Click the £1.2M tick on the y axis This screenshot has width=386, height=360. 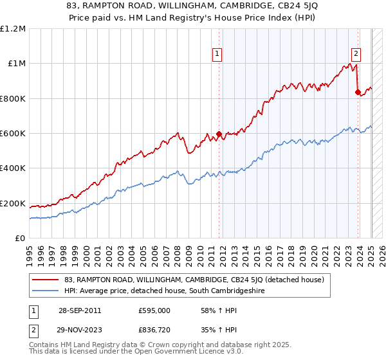coord(13,29)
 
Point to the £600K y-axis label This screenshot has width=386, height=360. coord(13,134)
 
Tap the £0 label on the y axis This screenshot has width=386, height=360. coord(21,239)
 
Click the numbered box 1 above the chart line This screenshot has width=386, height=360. coord(218,55)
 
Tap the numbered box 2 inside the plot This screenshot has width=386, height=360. coord(356,55)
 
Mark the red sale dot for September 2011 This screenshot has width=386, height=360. coord(219,134)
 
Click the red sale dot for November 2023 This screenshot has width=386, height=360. coord(358,92)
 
